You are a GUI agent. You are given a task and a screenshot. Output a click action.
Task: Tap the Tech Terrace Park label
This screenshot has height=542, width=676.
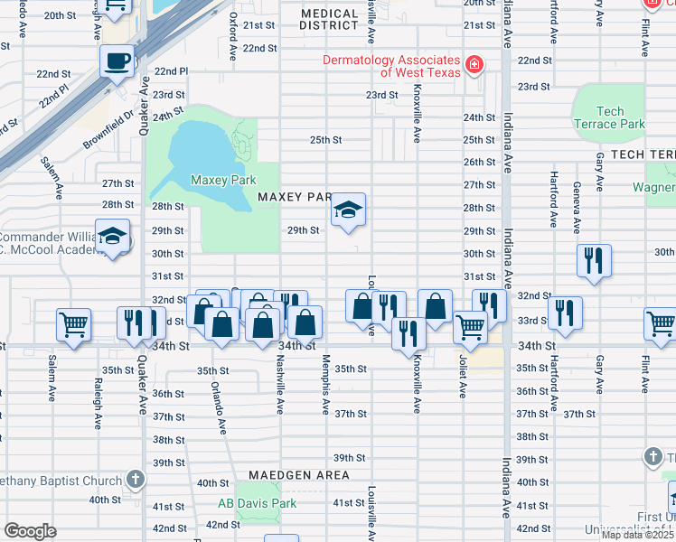coord(610,117)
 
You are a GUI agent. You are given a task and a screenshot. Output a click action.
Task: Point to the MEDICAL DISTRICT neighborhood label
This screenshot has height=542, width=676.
coord(330,20)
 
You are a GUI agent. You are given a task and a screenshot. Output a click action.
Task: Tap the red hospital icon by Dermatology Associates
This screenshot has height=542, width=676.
coord(473,65)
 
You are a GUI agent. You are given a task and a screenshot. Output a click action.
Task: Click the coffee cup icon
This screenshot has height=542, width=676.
coord(117,62)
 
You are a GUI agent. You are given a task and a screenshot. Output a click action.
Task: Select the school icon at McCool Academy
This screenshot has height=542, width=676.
coord(112,238)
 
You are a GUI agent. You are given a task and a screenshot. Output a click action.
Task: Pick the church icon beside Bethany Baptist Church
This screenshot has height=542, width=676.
coord(135,480)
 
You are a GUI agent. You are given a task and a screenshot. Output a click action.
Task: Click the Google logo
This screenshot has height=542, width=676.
coord(30,531)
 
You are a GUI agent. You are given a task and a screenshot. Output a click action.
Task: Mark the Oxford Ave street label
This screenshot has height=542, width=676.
coord(233,36)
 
